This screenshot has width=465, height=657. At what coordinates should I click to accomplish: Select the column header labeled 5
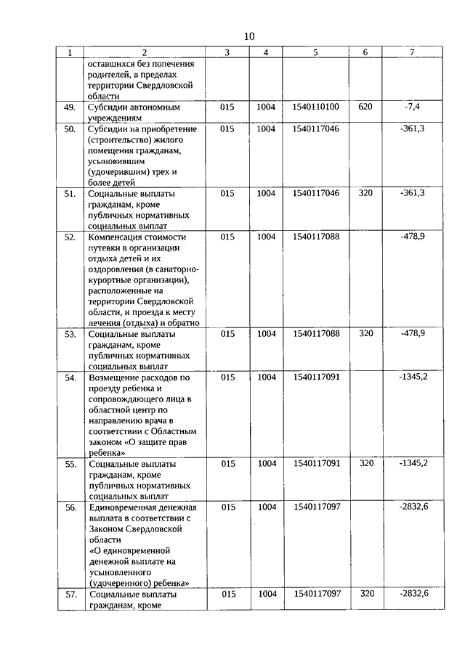point(315,52)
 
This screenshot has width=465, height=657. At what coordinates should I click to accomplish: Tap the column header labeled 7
point(412,52)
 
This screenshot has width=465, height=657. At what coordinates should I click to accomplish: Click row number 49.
point(70,107)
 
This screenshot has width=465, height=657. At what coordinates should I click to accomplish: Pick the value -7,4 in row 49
point(412,107)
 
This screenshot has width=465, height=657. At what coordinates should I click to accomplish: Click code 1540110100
point(315,107)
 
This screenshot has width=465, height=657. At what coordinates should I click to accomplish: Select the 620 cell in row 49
point(365,107)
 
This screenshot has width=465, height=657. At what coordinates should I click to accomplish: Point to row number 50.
point(70,129)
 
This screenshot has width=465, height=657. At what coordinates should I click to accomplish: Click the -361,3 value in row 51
point(412,194)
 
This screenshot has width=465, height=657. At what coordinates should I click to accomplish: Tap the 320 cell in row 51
point(365,194)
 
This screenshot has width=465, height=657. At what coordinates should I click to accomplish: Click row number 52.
point(70,237)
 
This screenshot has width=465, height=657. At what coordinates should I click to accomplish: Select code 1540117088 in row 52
point(315,237)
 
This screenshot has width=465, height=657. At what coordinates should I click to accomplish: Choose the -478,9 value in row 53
point(412,334)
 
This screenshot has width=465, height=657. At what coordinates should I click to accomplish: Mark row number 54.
point(70,378)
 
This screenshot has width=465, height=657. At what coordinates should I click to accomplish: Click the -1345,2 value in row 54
point(413,378)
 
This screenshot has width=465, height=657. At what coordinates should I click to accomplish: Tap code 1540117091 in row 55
point(315,463)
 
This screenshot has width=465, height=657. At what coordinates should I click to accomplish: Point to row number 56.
point(70,507)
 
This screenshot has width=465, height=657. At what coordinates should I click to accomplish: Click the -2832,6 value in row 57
point(413,594)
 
